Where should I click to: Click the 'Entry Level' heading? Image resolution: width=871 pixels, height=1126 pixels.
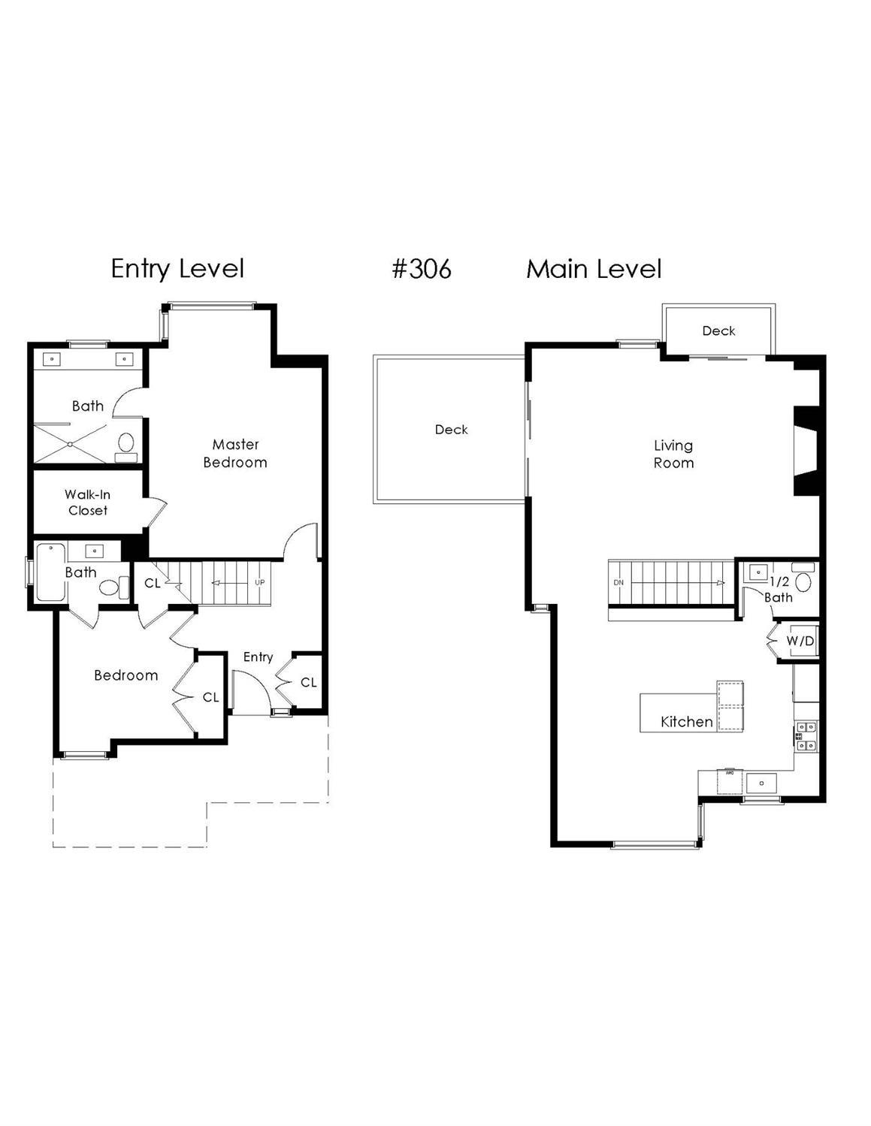click(x=177, y=268)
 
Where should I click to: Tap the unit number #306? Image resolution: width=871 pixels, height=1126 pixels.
click(x=422, y=268)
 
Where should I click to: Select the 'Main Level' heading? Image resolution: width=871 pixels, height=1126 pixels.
click(x=594, y=268)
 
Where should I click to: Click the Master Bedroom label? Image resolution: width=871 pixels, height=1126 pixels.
click(x=235, y=454)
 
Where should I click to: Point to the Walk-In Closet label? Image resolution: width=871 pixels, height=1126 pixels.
click(x=87, y=503)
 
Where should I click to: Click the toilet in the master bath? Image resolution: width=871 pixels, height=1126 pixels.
click(x=126, y=442)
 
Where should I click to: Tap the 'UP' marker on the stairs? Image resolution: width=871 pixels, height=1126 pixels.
click(x=259, y=582)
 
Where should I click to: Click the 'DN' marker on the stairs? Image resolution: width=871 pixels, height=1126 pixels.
click(x=618, y=582)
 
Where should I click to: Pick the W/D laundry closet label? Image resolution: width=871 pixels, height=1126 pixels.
click(x=800, y=641)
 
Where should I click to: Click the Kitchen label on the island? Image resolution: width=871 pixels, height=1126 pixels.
click(x=686, y=722)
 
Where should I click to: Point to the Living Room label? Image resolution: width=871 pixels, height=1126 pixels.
click(x=673, y=454)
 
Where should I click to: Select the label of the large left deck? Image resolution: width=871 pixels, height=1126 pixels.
click(x=451, y=430)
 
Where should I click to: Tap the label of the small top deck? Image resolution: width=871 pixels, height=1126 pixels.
click(x=718, y=331)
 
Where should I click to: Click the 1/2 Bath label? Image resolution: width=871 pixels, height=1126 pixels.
click(x=779, y=590)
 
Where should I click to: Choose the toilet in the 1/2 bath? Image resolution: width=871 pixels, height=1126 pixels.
click(x=803, y=581)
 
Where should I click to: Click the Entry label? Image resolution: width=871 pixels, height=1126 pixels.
click(x=258, y=657)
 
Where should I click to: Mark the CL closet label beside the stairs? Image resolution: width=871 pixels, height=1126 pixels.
click(x=153, y=583)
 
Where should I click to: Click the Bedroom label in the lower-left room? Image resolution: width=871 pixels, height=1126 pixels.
click(x=126, y=675)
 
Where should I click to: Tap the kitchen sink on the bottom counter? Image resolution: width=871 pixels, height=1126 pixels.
click(x=761, y=783)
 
